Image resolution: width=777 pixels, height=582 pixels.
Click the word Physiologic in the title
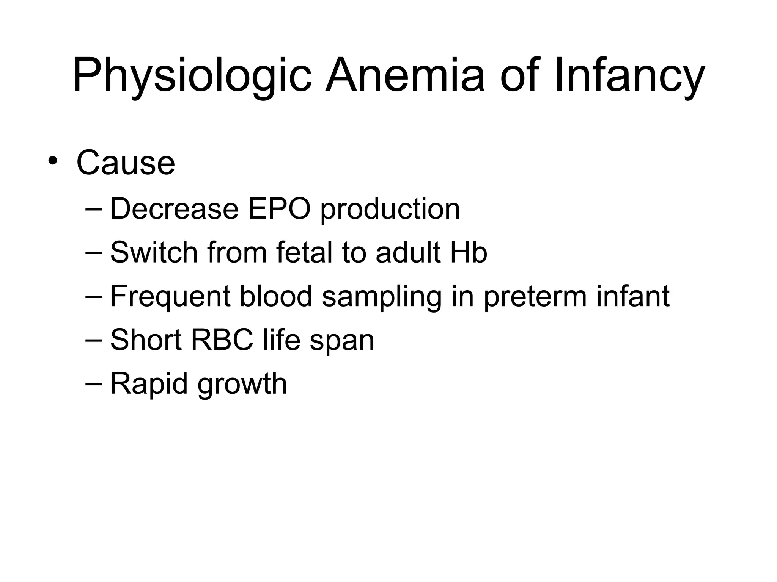pos(192,75)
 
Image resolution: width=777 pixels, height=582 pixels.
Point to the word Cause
pos(126,163)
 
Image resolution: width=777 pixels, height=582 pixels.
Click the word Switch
pos(154,252)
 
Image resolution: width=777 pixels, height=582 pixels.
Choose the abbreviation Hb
pos(469,252)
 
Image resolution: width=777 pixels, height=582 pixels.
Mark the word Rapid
pos(149,384)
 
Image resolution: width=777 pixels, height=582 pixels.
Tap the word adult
pos(407,252)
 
